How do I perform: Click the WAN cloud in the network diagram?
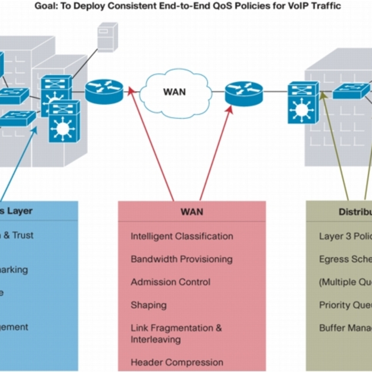pos(174,91)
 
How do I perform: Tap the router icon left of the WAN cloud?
pos(104,91)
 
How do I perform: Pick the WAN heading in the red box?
pos(191,212)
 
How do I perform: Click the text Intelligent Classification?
pos(182,236)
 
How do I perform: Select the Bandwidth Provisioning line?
pos(181,259)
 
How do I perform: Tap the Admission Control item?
pos(171,282)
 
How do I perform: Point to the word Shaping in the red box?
pos(148,305)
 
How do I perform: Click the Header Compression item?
pos(177,362)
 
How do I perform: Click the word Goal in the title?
pos(46,6)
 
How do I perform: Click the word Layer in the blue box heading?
pos(20,211)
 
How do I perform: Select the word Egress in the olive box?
pos(333,259)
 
